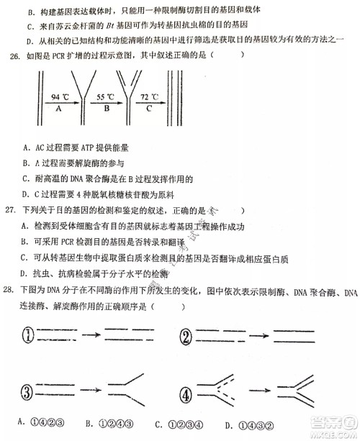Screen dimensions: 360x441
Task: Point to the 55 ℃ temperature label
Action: [106, 96]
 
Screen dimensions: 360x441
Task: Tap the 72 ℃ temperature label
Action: [149, 96]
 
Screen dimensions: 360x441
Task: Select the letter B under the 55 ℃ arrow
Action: [105, 108]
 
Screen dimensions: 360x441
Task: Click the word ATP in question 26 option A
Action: [80, 148]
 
